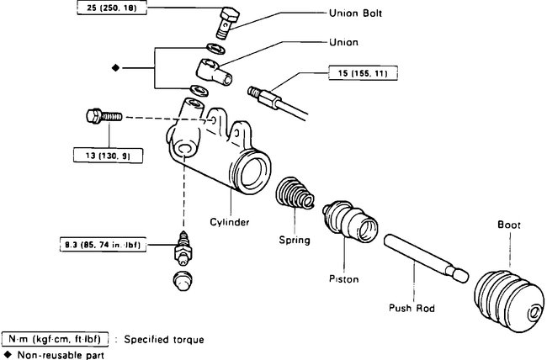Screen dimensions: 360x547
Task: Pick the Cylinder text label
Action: tap(230, 222)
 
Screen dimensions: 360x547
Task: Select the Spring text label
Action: tap(295, 240)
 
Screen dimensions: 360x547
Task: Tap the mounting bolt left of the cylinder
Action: tap(100, 115)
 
